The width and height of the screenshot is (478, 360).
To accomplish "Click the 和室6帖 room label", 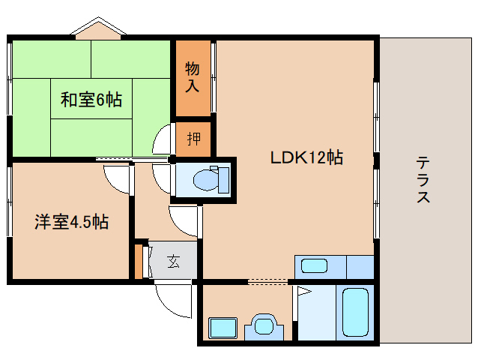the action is click(91, 100).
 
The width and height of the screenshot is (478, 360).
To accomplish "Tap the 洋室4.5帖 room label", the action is click(71, 222).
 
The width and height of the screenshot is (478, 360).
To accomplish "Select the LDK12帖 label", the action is click(306, 157).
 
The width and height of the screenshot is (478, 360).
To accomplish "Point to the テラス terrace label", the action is click(423, 179).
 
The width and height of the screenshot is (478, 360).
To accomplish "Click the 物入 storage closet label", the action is click(193, 77).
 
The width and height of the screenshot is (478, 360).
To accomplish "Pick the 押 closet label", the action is click(194, 139).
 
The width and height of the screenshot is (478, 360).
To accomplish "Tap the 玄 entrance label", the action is click(174, 261).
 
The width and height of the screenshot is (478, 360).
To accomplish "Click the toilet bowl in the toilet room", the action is click(206, 180).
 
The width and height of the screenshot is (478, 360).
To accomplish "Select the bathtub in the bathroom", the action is click(355, 312).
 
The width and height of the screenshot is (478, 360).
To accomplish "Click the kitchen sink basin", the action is click(315, 265).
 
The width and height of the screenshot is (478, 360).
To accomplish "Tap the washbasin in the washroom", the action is click(264, 326).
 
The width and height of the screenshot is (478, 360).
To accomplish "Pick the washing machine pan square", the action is click(223, 328).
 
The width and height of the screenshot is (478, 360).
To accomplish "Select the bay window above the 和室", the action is click(98, 28).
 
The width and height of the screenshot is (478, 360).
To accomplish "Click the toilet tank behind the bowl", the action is click(223, 180).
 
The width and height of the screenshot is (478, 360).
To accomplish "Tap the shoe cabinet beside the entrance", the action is click(139, 261).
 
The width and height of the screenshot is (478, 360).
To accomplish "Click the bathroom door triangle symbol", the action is click(303, 292).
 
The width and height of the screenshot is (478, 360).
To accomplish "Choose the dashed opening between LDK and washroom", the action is click(267, 281).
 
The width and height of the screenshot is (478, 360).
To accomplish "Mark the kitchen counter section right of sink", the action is click(360, 267).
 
